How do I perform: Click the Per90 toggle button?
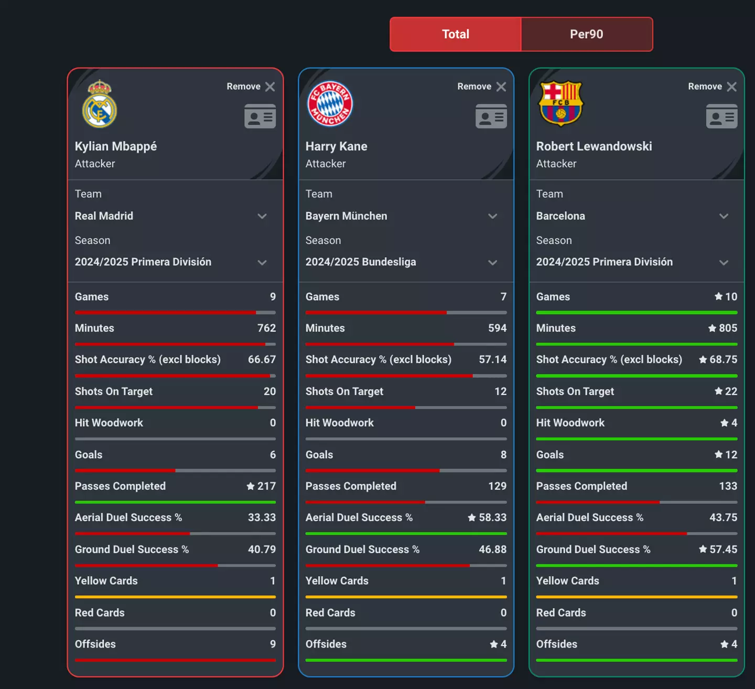(x=586, y=34)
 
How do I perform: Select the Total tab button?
(x=455, y=34)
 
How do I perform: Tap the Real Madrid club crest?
(x=100, y=104)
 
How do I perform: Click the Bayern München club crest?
(x=330, y=104)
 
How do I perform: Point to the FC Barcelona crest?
(x=560, y=103)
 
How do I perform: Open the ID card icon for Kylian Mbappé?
(x=260, y=116)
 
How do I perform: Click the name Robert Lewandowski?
(x=594, y=146)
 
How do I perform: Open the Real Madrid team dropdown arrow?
(x=262, y=216)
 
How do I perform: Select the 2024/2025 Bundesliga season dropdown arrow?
(x=492, y=262)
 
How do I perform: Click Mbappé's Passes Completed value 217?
(x=266, y=486)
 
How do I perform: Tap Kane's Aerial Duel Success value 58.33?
(x=492, y=518)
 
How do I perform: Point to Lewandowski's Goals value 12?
(x=731, y=455)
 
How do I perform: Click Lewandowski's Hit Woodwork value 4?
(x=734, y=423)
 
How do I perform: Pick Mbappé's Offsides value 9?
(x=273, y=644)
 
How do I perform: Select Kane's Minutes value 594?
(x=497, y=328)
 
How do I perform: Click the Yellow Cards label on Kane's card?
(x=337, y=581)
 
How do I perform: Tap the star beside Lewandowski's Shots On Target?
(x=719, y=391)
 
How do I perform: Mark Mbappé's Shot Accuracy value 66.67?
(x=262, y=360)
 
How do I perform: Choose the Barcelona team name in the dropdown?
(x=560, y=216)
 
